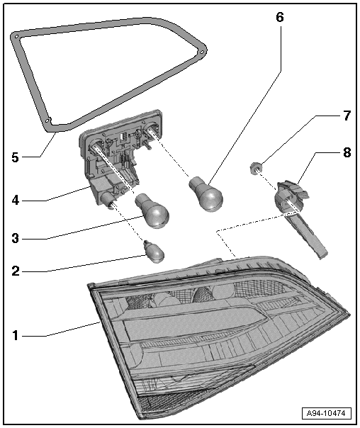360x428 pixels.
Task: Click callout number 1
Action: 16,335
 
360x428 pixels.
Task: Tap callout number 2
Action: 16,271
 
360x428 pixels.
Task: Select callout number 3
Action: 16,238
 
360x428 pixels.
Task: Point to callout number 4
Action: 16,201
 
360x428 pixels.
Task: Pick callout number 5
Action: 16,157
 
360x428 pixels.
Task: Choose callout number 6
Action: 280,17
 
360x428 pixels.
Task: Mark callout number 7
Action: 347,116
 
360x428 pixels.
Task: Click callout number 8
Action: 347,152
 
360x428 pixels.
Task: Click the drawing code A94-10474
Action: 326,413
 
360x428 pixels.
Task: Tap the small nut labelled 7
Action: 255,168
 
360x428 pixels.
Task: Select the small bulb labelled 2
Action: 154,252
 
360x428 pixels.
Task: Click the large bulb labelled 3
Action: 153,210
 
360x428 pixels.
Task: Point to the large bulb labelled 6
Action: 206,193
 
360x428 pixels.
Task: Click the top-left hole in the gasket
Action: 16,36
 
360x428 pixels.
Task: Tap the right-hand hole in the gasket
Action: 202,52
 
